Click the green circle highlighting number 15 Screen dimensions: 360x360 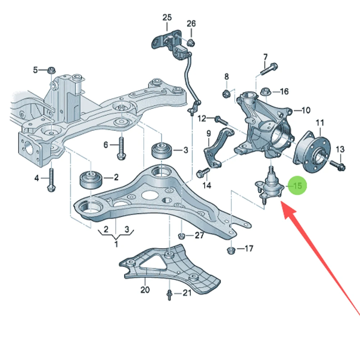[x=297, y=185]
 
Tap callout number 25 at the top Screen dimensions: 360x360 [x=167, y=17]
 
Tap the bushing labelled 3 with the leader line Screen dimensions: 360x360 [x=162, y=150]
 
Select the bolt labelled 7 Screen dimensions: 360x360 [x=269, y=69]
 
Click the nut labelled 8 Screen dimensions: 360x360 [x=226, y=94]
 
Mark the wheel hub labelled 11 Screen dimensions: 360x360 [x=312, y=151]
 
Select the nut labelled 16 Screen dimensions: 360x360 [x=266, y=91]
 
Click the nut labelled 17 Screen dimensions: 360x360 [x=231, y=250]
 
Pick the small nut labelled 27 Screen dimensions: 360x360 [x=182, y=236]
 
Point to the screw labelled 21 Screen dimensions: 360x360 [x=170, y=295]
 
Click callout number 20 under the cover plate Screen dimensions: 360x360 [x=145, y=290]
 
